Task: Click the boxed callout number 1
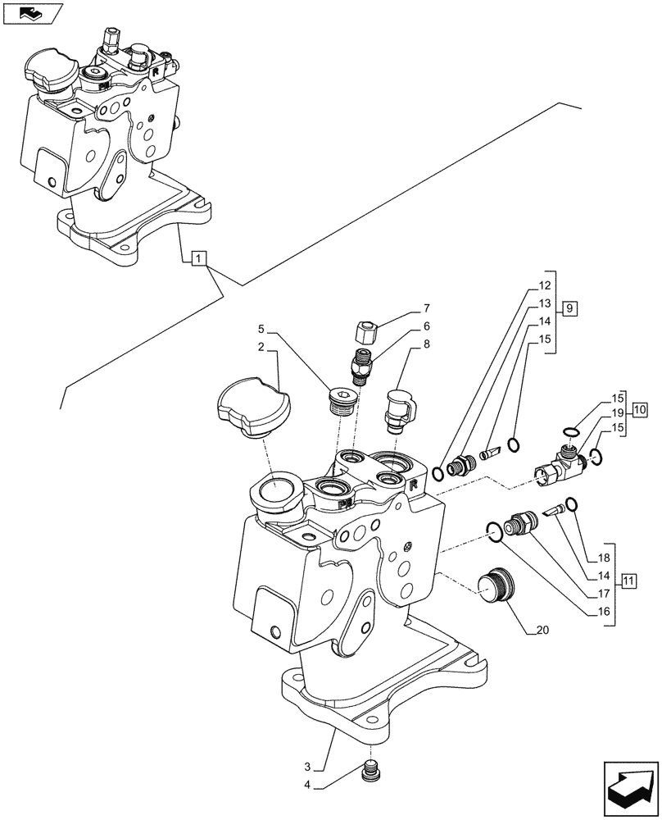coord(198,260)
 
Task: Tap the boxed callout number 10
coord(640,408)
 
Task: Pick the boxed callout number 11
coord(628,582)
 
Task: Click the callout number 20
coord(542,631)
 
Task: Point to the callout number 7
coord(426,308)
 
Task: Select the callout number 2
coord(260,348)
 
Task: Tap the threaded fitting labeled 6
coord(361,366)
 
